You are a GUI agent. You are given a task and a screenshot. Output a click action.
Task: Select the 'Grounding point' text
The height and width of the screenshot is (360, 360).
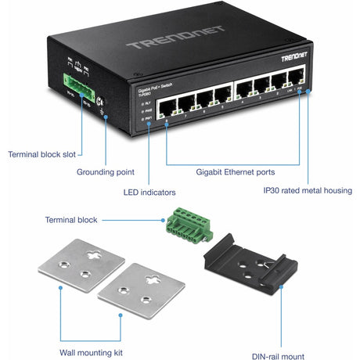pyautogui.click(x=105, y=171)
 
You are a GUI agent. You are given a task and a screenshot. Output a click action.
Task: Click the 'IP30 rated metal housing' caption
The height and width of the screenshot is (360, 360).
pyautogui.click(x=307, y=190)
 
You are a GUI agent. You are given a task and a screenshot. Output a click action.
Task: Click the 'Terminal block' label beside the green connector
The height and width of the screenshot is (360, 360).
pyautogui.click(x=71, y=220)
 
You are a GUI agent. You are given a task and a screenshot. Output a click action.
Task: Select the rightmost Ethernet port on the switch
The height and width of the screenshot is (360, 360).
pyautogui.click(x=296, y=80)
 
